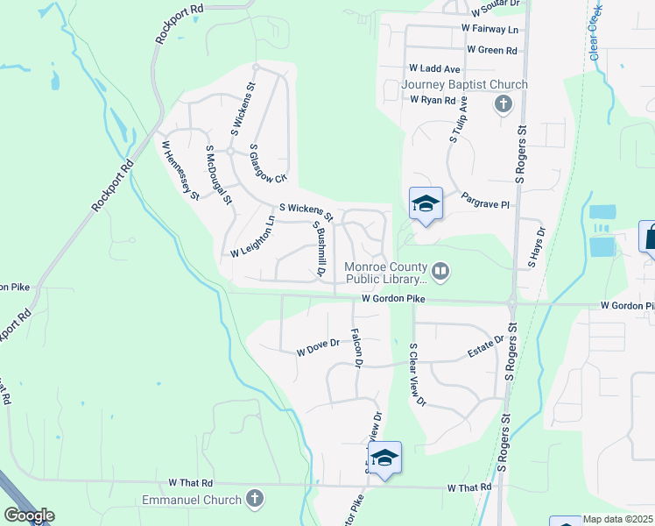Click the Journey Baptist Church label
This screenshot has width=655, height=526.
(464, 84)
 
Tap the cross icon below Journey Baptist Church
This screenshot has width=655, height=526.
(503, 105)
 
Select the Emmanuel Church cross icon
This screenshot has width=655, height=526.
(254, 500)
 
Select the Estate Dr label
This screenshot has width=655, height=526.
(487, 346)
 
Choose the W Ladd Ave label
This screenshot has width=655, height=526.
(434, 68)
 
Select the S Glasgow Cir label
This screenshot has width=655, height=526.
(268, 164)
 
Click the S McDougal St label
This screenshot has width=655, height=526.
(219, 175)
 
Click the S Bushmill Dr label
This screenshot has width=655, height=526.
(319, 248)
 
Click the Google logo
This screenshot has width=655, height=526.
(29, 515)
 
